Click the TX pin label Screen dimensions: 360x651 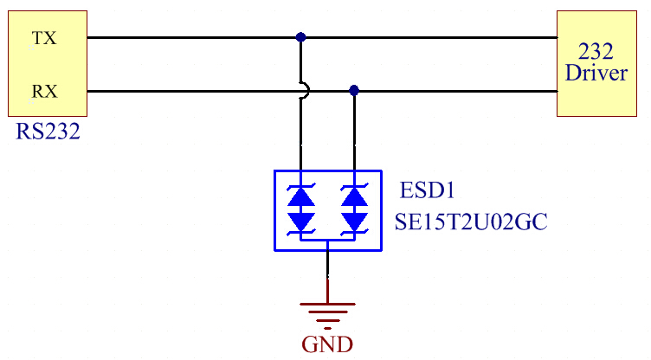[43, 39]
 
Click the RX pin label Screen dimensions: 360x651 [43, 90]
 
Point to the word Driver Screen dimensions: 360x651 [596, 74]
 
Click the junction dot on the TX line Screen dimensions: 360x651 [300, 37]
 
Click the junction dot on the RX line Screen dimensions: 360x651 [353, 90]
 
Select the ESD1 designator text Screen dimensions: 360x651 [428, 190]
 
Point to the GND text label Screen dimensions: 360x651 [327, 344]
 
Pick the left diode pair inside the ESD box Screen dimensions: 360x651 [301, 209]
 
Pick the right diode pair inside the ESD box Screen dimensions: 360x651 [353, 209]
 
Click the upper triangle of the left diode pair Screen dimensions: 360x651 [301, 197]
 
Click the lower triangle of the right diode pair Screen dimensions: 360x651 [353, 222]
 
